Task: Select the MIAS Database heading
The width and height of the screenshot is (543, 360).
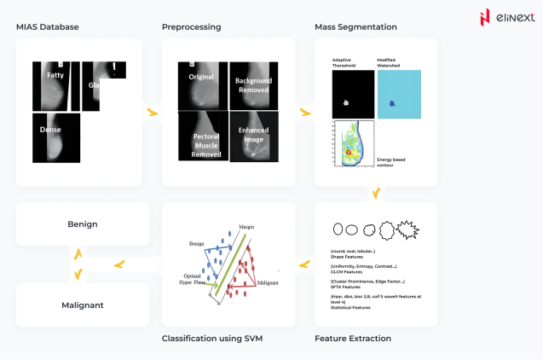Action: point(48,27)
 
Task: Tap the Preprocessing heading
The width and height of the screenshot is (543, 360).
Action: point(191,27)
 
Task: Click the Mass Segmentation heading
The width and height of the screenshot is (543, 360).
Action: point(355,27)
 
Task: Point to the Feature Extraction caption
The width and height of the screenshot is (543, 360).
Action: point(353,339)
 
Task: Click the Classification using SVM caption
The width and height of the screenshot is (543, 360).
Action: point(211,339)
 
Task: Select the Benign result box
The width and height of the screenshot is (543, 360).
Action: point(83,224)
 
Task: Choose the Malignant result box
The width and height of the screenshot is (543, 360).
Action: point(83,305)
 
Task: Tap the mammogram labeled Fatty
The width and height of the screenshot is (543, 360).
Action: point(56,85)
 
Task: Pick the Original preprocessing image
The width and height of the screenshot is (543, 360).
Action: point(202,85)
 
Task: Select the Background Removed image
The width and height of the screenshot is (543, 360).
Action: point(253,85)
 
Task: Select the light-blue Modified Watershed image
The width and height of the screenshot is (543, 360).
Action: point(397,94)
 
